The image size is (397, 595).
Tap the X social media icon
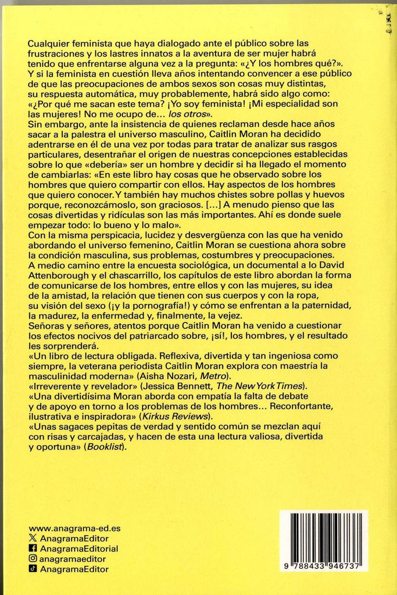pos(33,539)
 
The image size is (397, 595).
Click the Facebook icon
pos(33,549)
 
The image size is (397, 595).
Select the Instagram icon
pos(33,559)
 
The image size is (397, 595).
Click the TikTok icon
pos(33,569)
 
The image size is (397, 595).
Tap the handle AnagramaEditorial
pos(78,549)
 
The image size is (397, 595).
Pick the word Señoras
pos(46,324)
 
